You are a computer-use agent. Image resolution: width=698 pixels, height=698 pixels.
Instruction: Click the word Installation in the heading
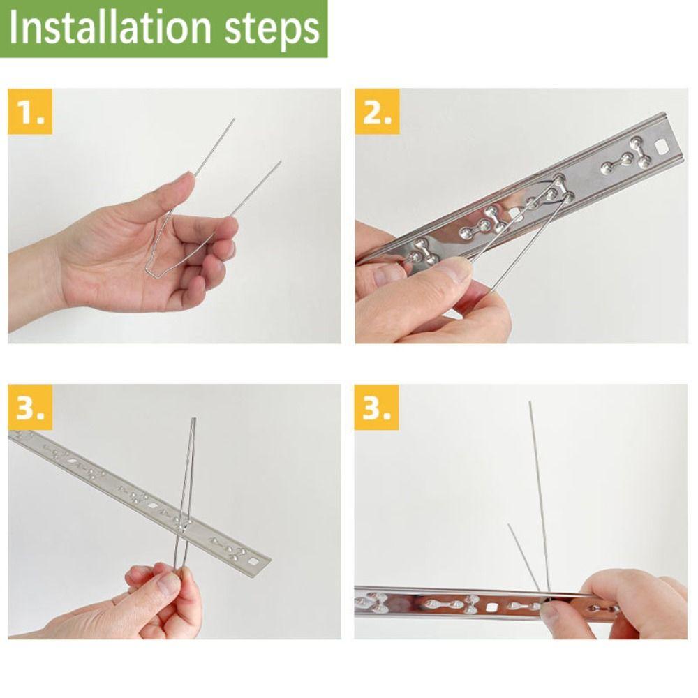coord(110,28)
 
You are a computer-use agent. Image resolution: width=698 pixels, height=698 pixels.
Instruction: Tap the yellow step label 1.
coord(30,111)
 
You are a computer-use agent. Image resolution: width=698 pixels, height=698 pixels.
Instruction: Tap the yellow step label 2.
coord(377,111)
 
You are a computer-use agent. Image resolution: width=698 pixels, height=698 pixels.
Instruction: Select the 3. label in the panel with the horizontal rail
coord(377,408)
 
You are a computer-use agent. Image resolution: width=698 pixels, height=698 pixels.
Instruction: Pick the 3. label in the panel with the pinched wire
coord(30,408)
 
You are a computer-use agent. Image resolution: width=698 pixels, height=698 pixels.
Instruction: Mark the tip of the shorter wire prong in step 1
coord(281,162)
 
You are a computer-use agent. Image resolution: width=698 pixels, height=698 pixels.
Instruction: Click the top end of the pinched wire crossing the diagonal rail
coord(193,419)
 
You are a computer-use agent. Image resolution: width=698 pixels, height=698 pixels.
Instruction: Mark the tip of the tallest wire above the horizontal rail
coord(530,403)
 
